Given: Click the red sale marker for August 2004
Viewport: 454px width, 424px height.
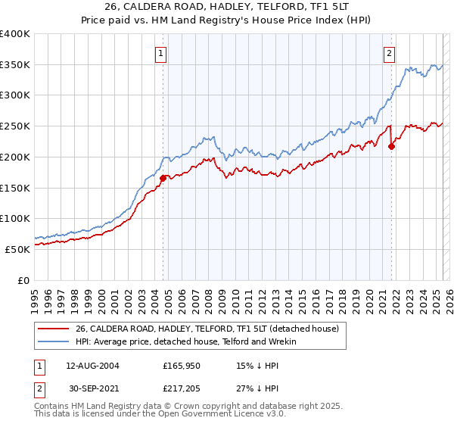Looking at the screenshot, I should coord(163,179).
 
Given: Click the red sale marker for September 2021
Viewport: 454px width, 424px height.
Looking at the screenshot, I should coord(391,146).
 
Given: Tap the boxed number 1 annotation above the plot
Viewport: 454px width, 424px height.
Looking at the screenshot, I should coord(162,53).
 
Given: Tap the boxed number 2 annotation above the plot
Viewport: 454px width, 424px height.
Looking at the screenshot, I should coord(389,53).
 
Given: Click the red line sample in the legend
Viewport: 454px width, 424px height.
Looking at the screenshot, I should coord(54,329).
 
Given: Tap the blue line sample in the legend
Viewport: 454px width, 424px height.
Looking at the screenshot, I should coord(54,341).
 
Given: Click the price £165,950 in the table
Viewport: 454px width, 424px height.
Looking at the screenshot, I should coord(182,365).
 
